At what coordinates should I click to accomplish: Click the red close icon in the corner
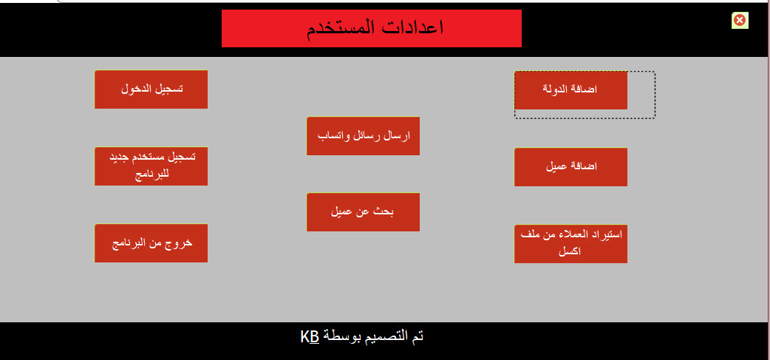click(739, 20)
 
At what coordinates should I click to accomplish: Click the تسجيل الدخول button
click(151, 89)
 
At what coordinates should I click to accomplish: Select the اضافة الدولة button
click(570, 89)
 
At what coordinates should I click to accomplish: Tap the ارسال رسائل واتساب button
click(363, 136)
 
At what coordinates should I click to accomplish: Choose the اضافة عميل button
click(570, 166)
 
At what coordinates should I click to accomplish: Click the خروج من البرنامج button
click(151, 243)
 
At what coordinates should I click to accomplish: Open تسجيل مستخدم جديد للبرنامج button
click(151, 166)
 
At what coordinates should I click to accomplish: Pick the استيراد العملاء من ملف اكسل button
click(570, 242)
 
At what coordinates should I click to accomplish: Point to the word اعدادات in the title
click(412, 29)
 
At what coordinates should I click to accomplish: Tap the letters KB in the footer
click(310, 337)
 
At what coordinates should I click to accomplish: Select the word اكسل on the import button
click(570, 251)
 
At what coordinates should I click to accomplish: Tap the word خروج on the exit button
click(177, 242)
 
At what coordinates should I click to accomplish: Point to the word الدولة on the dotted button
click(559, 89)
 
